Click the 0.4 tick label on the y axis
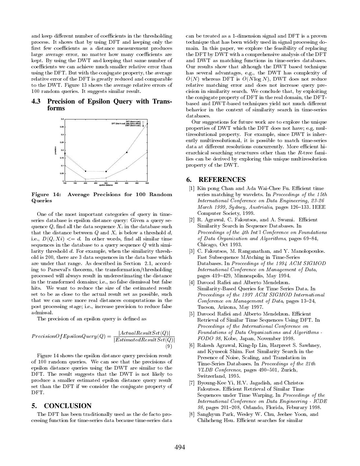(62, 119)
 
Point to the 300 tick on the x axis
(106, 183)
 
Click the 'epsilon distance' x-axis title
(106, 185)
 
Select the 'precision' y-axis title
(56, 150)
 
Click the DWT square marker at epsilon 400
(127, 152)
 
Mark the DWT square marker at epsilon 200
(85, 171)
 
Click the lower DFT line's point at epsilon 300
(106, 178)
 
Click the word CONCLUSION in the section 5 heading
(68, 406)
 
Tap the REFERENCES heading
(222, 180)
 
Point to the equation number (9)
(169, 347)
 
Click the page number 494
(180, 448)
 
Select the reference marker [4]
(191, 283)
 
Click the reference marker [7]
(191, 383)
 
